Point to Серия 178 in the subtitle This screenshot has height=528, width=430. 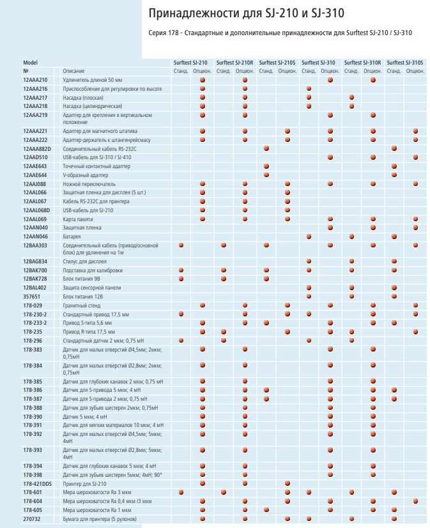pyautogui.click(x=163, y=33)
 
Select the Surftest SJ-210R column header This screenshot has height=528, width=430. pyautogui.click(x=234, y=63)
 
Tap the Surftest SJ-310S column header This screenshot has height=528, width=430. pyautogui.click(x=405, y=63)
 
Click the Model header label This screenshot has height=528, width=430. pyautogui.click(x=30, y=63)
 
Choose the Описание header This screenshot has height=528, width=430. pyautogui.click(x=73, y=71)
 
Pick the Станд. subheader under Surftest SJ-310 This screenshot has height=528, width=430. pyautogui.click(x=309, y=71)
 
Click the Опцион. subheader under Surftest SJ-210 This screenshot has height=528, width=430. pyautogui.click(x=202, y=71)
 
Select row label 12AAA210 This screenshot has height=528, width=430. pyautogui.click(x=35, y=80)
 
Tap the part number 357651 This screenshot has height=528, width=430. pyautogui.click(x=32, y=297)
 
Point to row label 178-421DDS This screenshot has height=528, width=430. pyautogui.click(x=37, y=484)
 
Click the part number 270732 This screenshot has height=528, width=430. pyautogui.click(x=32, y=519)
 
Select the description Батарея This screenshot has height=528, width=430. pyautogui.click(x=72, y=237)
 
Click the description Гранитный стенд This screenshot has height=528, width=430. pyautogui.click(x=81, y=306)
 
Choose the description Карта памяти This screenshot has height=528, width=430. pyautogui.click(x=78, y=219)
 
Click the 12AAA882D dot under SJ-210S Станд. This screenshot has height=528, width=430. pyautogui.click(x=266, y=148)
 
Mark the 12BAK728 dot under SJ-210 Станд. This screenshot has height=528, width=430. pyautogui.click(x=181, y=279)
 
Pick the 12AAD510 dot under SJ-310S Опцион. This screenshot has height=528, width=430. pyautogui.click(x=415, y=157)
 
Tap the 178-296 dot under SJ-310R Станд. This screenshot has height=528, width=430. pyautogui.click(x=351, y=341)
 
